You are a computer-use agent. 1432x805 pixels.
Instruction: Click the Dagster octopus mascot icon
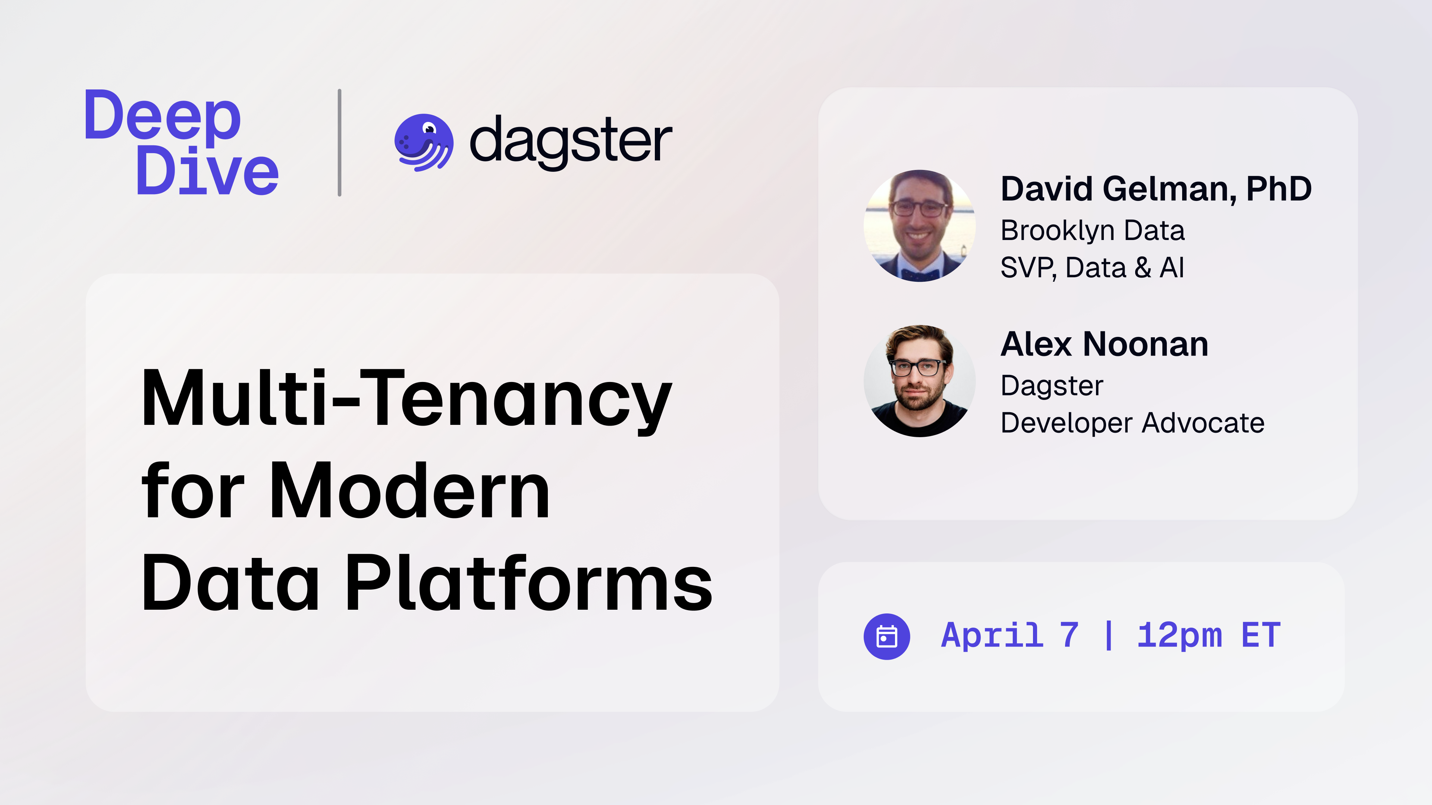(x=424, y=142)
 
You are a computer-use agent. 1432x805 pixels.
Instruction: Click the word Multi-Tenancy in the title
(x=407, y=400)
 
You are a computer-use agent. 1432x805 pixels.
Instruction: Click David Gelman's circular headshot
(x=920, y=225)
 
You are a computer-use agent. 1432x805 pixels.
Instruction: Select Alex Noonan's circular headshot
(x=920, y=381)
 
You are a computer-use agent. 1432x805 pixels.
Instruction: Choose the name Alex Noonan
(x=1104, y=344)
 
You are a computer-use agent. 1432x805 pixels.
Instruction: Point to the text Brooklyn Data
(x=1092, y=231)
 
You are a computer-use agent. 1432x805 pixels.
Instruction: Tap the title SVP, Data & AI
(x=1092, y=268)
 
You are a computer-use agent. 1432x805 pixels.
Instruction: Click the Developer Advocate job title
(x=1133, y=423)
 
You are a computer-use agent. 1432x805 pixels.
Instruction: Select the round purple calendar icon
(x=887, y=637)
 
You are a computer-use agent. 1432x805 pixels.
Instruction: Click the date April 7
(x=1009, y=635)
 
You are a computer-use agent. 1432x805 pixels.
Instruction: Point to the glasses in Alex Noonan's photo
(x=918, y=367)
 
